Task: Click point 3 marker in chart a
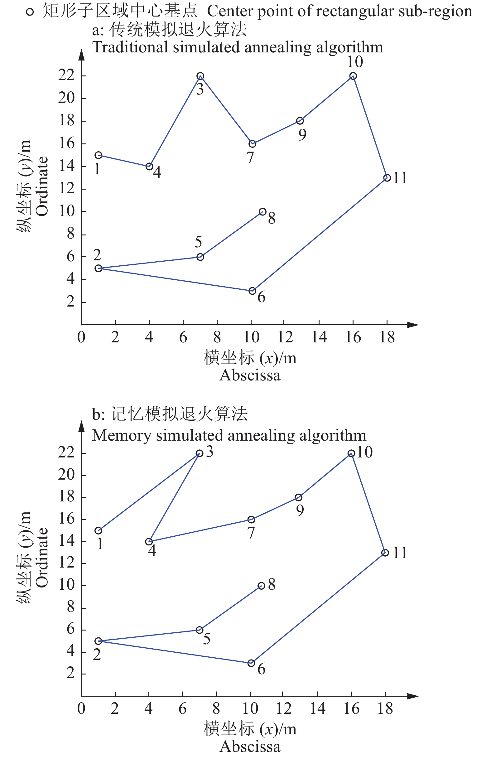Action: pos(200,76)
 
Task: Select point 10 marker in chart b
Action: pos(351,453)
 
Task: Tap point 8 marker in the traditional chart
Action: pos(262,212)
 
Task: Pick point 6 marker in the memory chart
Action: pos(251,663)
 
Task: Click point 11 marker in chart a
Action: pos(387,178)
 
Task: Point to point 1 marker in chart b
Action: pos(99,531)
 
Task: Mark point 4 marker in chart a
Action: pos(149,166)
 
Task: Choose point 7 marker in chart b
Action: pos(251,520)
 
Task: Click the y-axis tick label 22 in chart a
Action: pos(66,76)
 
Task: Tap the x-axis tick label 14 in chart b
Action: pos(318,708)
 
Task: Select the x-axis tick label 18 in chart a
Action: pos(387,337)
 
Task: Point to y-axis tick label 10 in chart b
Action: pos(66,585)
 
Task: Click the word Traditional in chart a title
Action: pos(130,47)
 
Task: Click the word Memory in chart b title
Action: pos(122,435)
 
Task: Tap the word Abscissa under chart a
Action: pos(250,375)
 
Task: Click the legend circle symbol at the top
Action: pos(30,12)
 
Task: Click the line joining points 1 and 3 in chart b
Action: pos(149,492)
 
